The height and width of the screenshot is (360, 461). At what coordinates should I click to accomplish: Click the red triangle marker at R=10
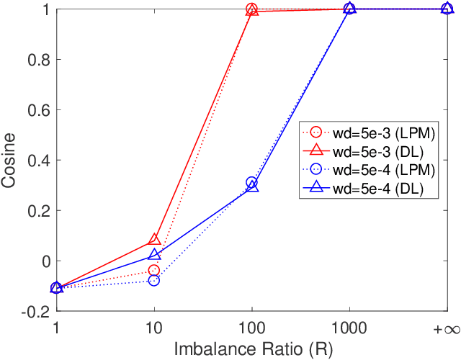[x=153, y=240]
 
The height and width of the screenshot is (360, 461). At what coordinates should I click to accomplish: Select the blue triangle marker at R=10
[x=153, y=254]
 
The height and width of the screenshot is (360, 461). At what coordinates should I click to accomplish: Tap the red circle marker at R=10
[x=153, y=270]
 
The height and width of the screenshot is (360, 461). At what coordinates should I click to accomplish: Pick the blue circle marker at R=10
[x=153, y=280]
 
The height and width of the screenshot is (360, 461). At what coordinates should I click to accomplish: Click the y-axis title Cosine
[x=10, y=160]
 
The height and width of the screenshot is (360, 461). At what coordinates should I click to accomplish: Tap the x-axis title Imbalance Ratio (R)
[x=251, y=348]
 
